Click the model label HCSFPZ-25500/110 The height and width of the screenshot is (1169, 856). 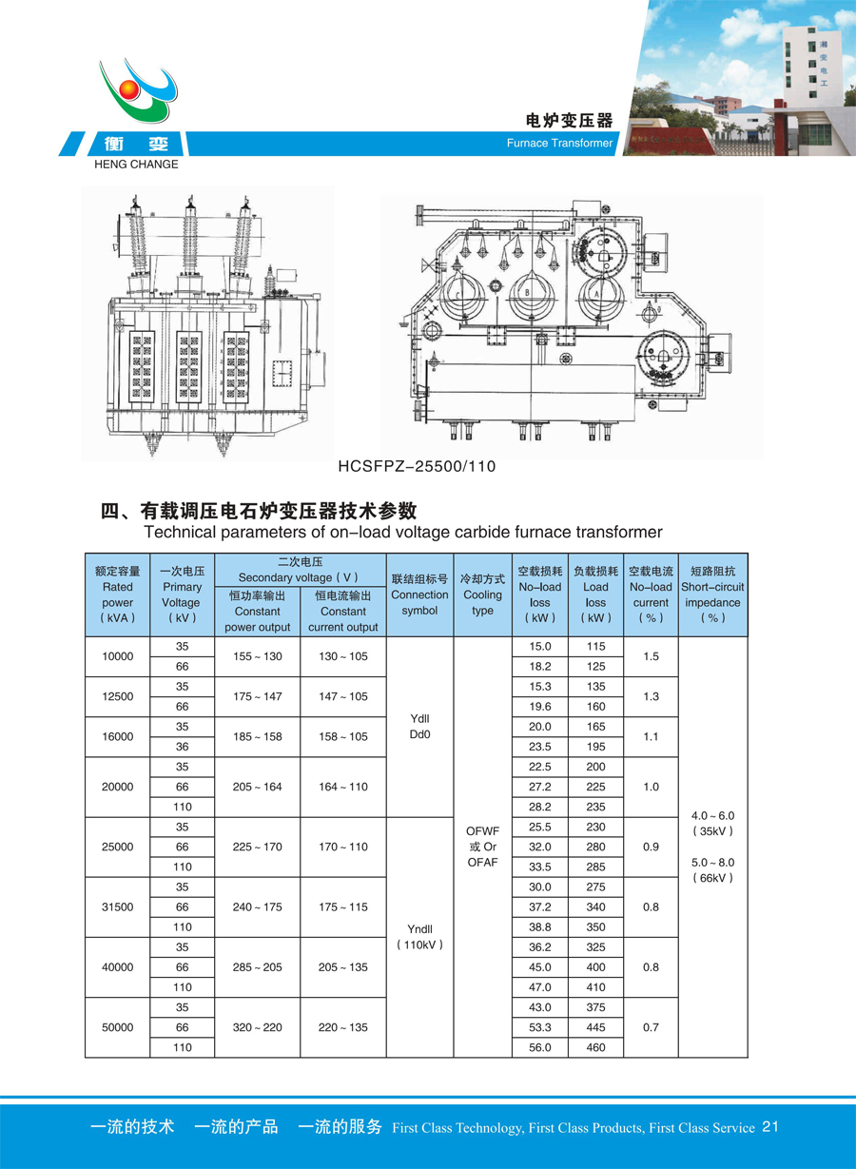pyautogui.click(x=417, y=466)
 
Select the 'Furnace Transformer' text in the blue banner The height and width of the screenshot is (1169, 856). pyautogui.click(x=559, y=144)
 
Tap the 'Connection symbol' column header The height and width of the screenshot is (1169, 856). pyautogui.click(x=419, y=594)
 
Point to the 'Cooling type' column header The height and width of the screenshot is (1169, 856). pyautogui.click(x=482, y=594)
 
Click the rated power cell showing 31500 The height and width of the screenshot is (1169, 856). pyautogui.click(x=118, y=906)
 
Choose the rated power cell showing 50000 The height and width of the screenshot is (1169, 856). pyautogui.click(x=118, y=1027)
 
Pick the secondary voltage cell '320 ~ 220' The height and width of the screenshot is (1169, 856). pyautogui.click(x=257, y=1027)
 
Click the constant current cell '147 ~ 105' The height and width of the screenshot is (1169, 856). pyautogui.click(x=342, y=696)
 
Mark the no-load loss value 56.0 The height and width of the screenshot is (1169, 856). pyautogui.click(x=540, y=1047)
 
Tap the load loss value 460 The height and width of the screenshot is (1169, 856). pyautogui.click(x=596, y=1047)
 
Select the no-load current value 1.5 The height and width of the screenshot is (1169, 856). pyautogui.click(x=651, y=656)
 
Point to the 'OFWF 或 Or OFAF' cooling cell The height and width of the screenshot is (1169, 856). pyautogui.click(x=482, y=847)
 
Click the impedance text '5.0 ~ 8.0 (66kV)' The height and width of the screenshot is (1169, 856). pyautogui.click(x=713, y=869)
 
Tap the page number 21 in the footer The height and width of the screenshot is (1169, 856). pyautogui.click(x=770, y=1127)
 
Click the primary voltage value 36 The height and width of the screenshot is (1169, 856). pyautogui.click(x=182, y=747)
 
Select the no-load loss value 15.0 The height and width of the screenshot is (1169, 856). pyautogui.click(x=540, y=647)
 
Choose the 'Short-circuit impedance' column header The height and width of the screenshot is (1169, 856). pyautogui.click(x=712, y=594)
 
